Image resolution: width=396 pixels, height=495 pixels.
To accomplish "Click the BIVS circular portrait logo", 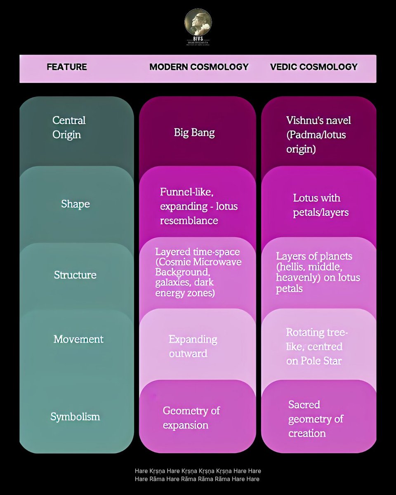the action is click(198, 22).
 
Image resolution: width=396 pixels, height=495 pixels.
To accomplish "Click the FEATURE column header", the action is click(67, 67).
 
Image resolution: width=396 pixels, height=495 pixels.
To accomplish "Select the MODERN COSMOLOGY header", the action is click(199, 67).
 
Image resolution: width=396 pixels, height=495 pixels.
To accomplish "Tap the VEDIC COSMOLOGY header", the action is click(314, 67).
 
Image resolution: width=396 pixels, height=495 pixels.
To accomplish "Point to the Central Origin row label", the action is click(69, 127).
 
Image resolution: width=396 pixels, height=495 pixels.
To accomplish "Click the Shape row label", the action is click(75, 204).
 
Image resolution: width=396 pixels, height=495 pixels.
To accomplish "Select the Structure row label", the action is click(75, 275).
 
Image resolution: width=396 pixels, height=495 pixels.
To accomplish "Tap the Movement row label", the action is click(78, 339).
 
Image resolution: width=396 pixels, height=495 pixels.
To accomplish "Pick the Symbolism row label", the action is click(75, 417).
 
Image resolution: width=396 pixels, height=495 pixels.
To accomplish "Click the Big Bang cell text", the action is click(194, 133).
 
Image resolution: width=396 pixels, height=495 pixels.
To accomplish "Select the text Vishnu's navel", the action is click(319, 120).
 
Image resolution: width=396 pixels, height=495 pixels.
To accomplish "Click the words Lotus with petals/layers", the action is click(321, 205).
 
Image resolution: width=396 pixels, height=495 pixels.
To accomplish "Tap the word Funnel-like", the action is click(187, 192).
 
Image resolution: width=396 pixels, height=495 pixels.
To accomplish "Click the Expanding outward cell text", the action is click(193, 346).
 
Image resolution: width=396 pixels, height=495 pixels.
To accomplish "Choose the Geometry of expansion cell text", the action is click(191, 418).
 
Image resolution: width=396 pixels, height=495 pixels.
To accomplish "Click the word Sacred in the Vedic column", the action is click(304, 405).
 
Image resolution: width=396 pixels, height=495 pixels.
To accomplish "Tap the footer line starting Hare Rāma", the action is click(197, 479).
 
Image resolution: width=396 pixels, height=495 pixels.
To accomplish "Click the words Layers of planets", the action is click(314, 256).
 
